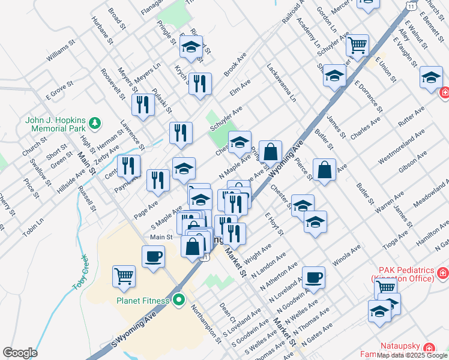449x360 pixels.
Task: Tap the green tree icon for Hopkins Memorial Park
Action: pyautogui.click(x=94, y=123)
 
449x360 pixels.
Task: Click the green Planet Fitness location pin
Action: pyautogui.click(x=178, y=300)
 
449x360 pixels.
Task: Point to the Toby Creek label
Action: pyautogui.click(x=82, y=272)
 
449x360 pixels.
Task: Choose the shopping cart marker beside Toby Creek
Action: pyautogui.click(x=124, y=276)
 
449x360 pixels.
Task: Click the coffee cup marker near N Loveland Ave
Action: pyautogui.click(x=314, y=277)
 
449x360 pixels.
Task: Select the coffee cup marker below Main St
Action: pyautogui.click(x=153, y=256)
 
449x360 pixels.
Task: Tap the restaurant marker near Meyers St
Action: pyautogui.click(x=143, y=104)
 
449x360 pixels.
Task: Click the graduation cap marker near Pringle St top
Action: pyautogui.click(x=191, y=46)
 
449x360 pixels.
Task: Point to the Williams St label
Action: pyautogui.click(x=62, y=56)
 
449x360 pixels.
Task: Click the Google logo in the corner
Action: pyautogui.click(x=20, y=353)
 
